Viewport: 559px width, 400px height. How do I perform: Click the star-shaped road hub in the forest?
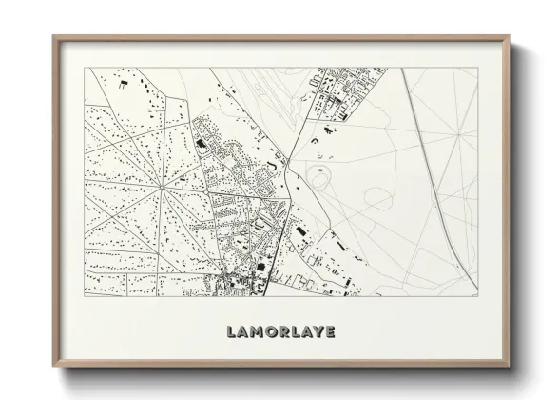click(x=164, y=189)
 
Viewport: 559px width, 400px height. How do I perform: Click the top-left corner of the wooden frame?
click(x=52, y=36)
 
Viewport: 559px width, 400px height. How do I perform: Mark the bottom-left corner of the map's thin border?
click(x=85, y=295)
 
